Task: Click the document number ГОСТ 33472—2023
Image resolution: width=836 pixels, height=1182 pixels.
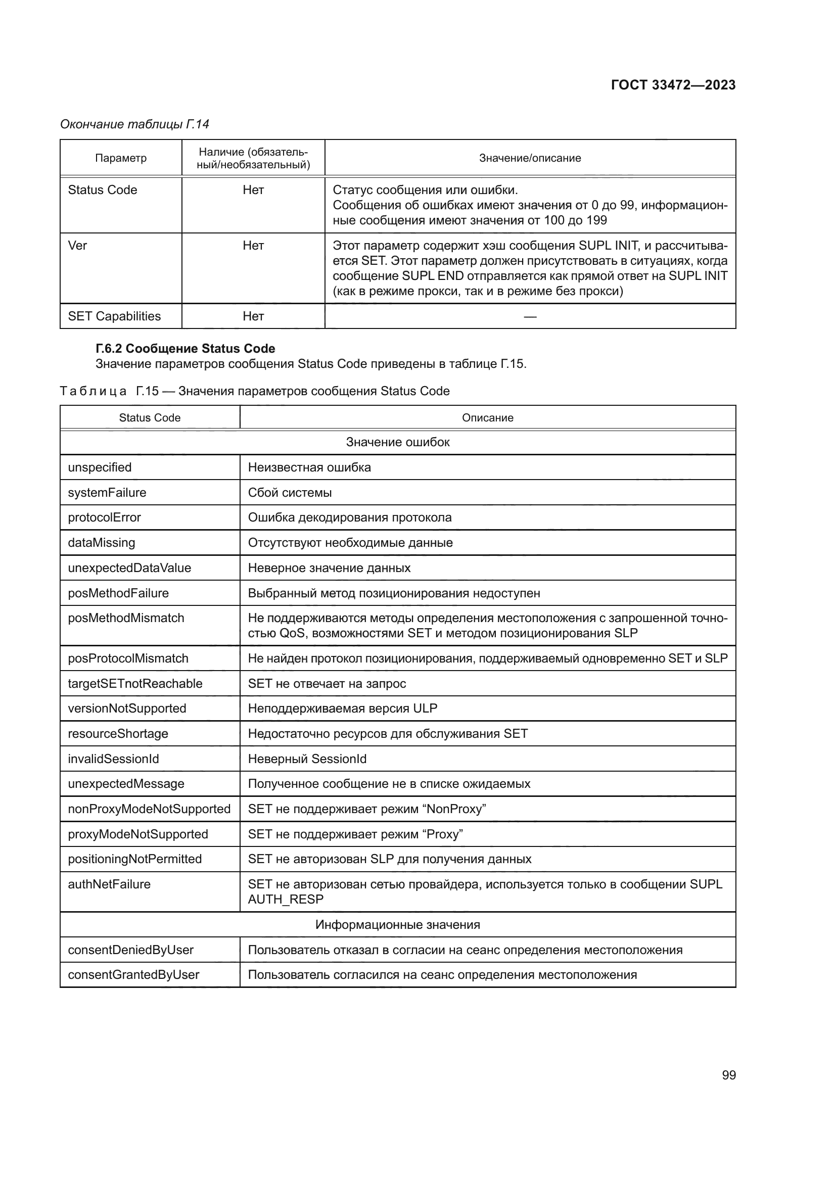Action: click(x=673, y=85)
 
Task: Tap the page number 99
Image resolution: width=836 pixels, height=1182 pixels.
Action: click(x=728, y=1075)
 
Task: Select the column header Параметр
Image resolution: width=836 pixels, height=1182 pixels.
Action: click(x=120, y=158)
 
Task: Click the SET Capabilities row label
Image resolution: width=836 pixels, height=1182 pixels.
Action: click(x=114, y=316)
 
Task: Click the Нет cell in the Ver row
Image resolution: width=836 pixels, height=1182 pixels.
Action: click(x=253, y=246)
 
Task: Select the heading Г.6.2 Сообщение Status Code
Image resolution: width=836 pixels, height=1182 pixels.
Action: click(x=185, y=349)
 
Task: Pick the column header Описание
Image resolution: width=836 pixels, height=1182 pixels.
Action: click(x=487, y=417)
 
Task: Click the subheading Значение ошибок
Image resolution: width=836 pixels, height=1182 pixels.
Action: click(x=397, y=442)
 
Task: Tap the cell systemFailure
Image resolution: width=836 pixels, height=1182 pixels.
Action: click(x=107, y=493)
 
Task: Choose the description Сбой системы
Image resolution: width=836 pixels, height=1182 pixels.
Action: click(x=290, y=493)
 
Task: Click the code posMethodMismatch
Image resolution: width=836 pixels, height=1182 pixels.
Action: click(x=126, y=618)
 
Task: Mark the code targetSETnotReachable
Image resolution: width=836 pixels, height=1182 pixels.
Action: click(x=135, y=684)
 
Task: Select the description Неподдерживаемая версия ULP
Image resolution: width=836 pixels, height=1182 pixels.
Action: click(x=342, y=708)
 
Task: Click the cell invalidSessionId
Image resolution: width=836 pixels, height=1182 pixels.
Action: click(x=113, y=759)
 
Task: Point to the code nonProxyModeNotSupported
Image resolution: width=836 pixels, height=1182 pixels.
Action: click(x=149, y=809)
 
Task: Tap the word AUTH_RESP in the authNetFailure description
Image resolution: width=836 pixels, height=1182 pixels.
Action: click(x=286, y=899)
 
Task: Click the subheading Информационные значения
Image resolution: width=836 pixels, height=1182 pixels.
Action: click(x=397, y=925)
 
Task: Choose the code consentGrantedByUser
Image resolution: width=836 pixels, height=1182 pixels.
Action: click(x=133, y=974)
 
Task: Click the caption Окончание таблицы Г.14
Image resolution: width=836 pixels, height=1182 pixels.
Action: click(x=134, y=124)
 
